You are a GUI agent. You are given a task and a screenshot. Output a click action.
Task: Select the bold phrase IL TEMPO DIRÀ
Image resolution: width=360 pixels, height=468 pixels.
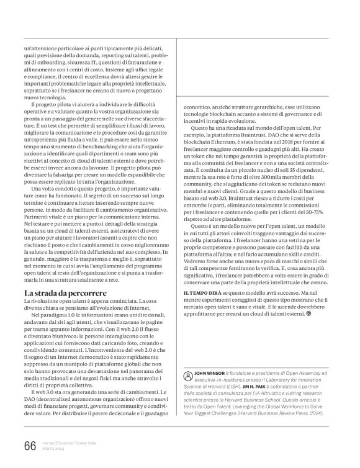(x=203, y=308)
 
